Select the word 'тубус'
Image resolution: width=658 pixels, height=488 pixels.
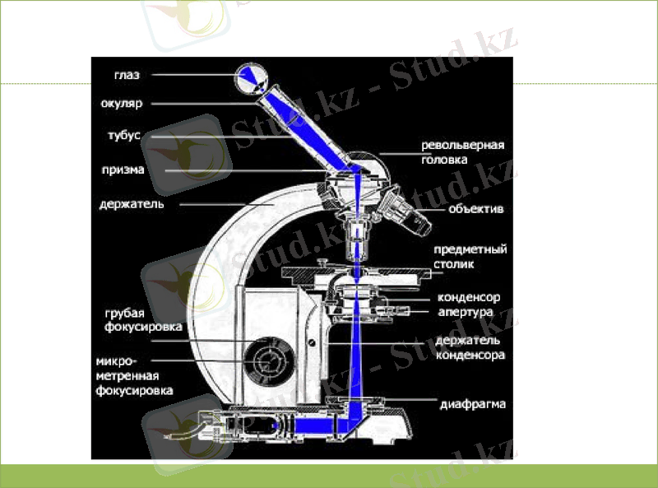[x=124, y=135]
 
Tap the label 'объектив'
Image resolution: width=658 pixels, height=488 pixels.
[x=475, y=209]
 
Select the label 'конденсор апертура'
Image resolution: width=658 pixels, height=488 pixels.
[x=468, y=304]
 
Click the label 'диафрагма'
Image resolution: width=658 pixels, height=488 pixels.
[x=472, y=404]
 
